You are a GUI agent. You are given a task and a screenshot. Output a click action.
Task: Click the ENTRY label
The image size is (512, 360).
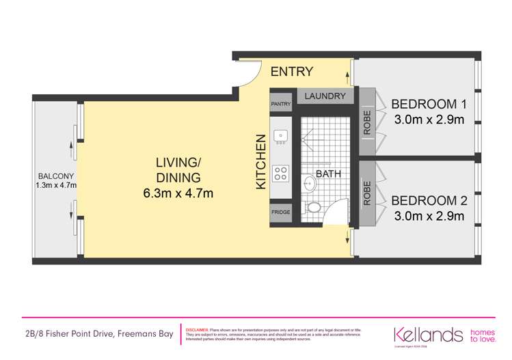point(292,72)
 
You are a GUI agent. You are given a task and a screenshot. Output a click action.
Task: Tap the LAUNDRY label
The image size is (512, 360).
point(325,96)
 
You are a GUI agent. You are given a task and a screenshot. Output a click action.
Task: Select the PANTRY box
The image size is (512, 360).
point(281,104)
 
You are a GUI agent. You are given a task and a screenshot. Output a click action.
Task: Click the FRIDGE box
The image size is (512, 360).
point(281,212)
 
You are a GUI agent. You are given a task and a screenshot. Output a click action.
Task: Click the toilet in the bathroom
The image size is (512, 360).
point(314,206)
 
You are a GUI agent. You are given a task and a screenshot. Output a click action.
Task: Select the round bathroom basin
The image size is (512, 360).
point(309,182)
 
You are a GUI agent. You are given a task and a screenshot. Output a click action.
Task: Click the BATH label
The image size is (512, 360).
point(328,174)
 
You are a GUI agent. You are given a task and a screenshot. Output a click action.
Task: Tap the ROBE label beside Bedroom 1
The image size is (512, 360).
point(367,122)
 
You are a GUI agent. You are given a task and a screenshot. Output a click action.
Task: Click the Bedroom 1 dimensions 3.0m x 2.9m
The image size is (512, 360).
point(429,120)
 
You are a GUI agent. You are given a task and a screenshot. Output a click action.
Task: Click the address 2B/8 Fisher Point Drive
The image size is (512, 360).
point(97,333)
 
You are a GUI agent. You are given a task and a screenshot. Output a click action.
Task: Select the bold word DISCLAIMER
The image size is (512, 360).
point(197,329)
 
